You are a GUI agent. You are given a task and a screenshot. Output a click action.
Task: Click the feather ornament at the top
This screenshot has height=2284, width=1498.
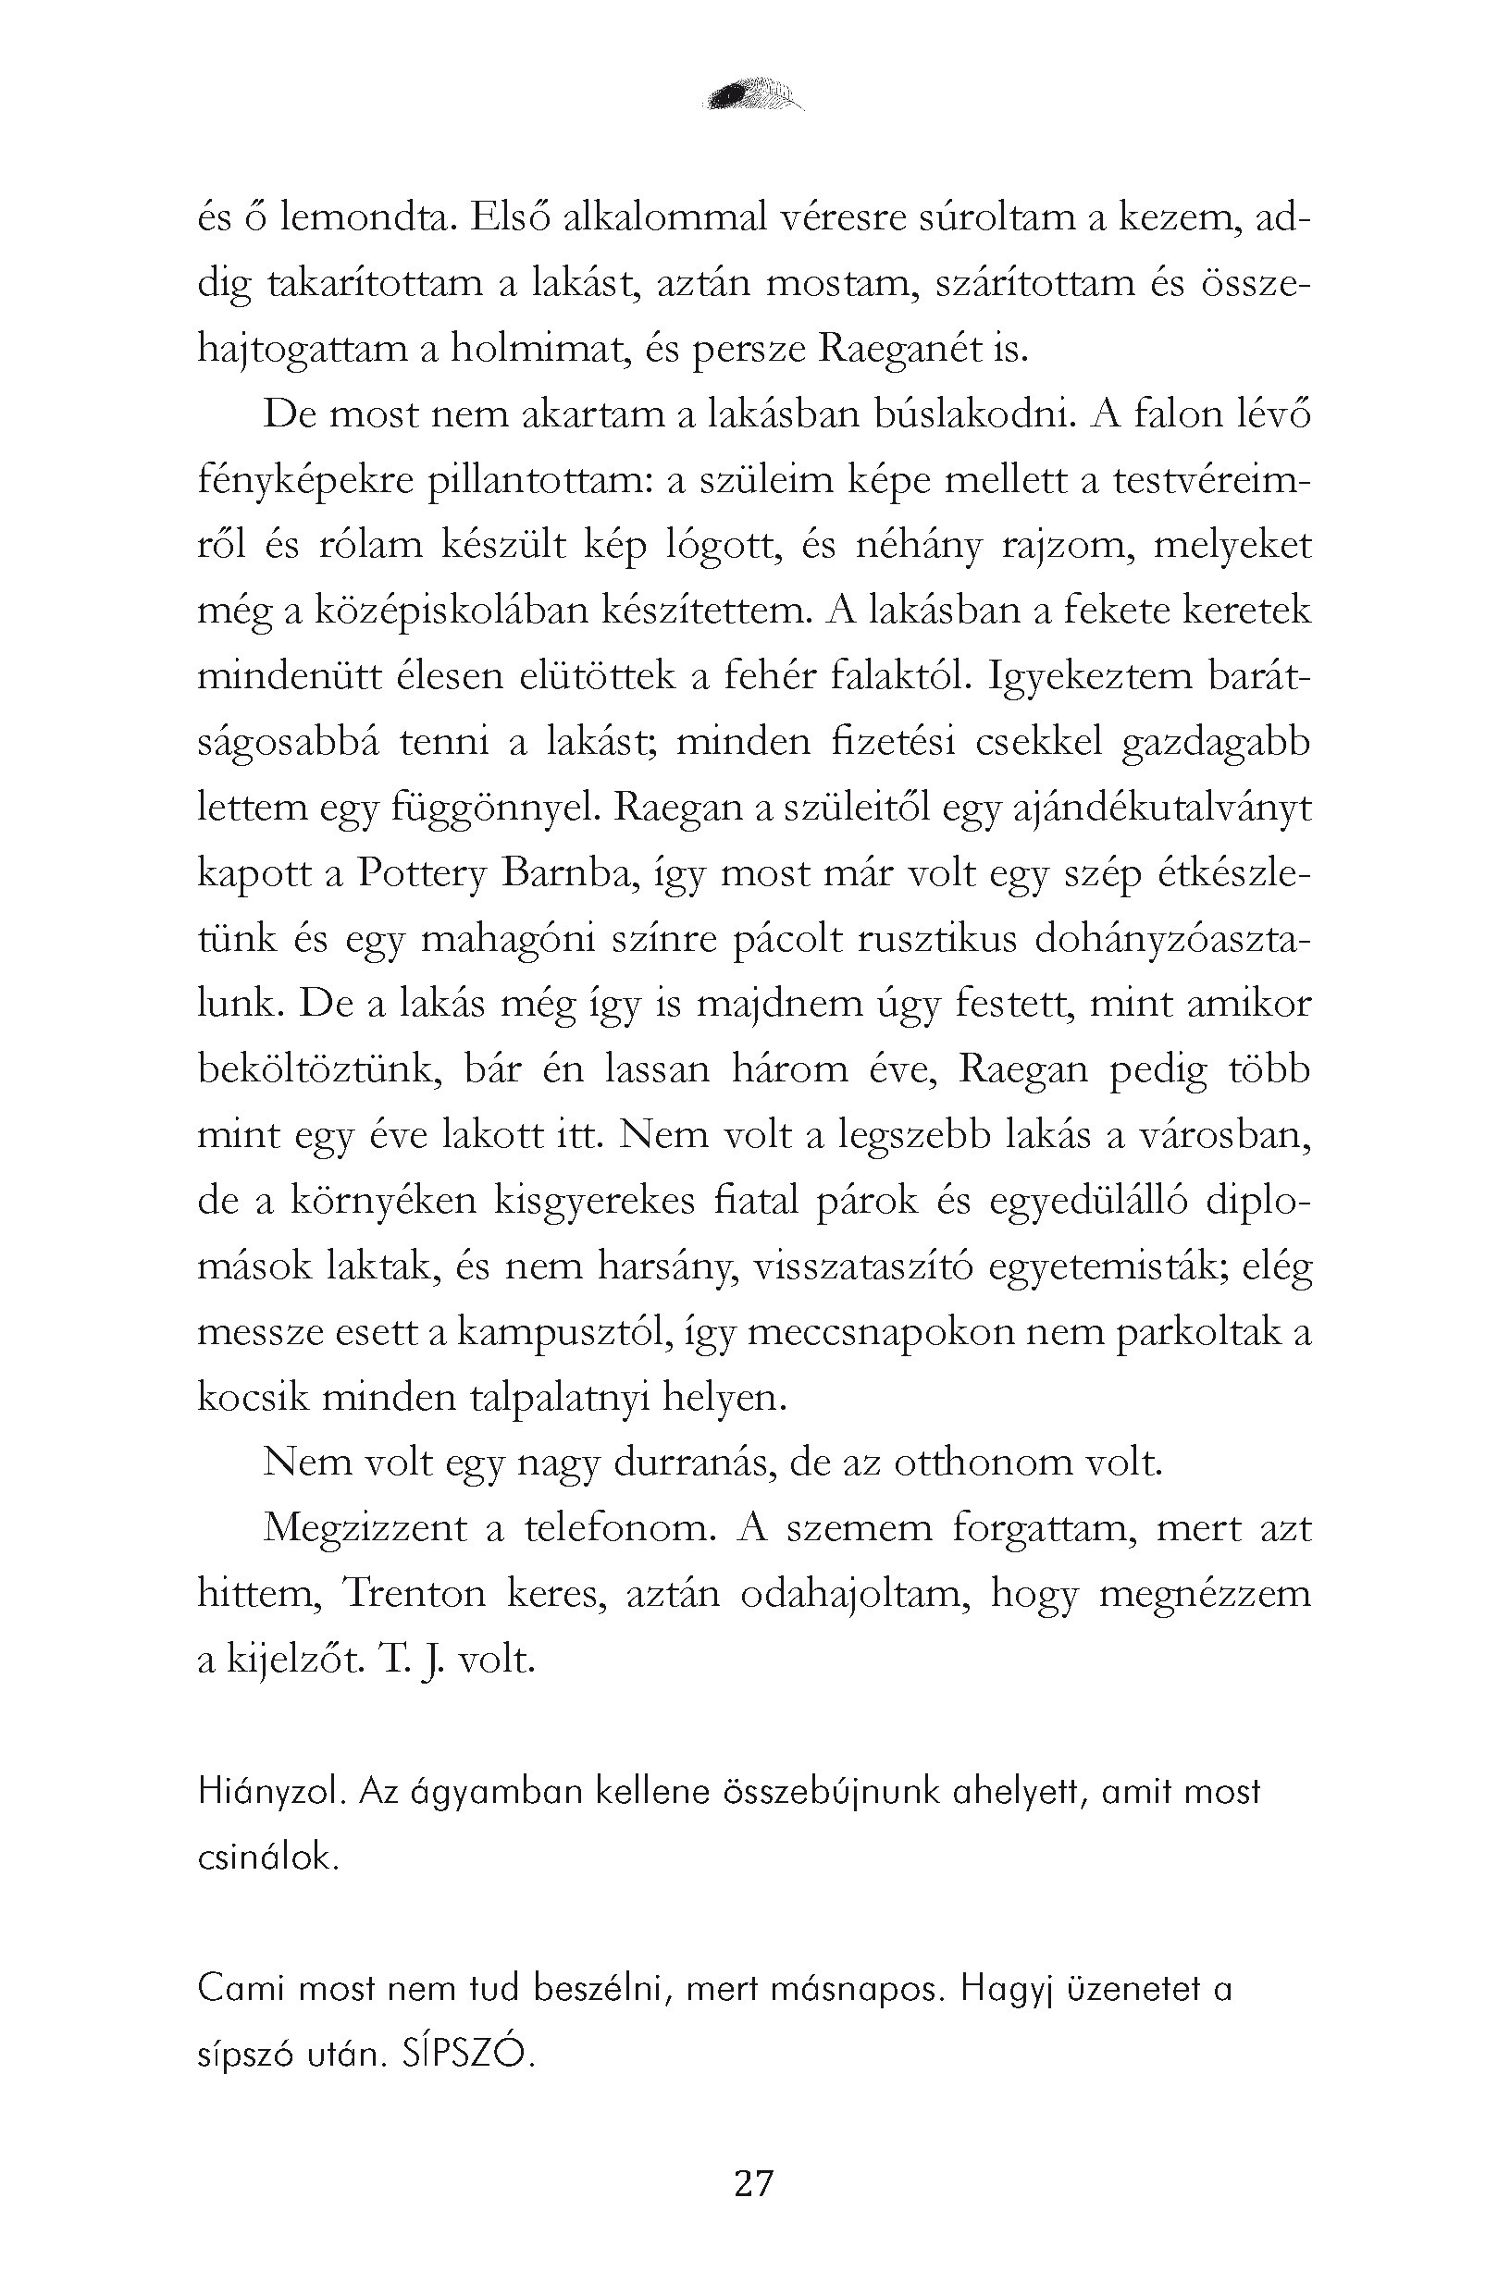pyautogui.click(x=753, y=94)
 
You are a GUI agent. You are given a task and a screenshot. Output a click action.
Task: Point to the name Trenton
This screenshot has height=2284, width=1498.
pyautogui.click(x=414, y=1594)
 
